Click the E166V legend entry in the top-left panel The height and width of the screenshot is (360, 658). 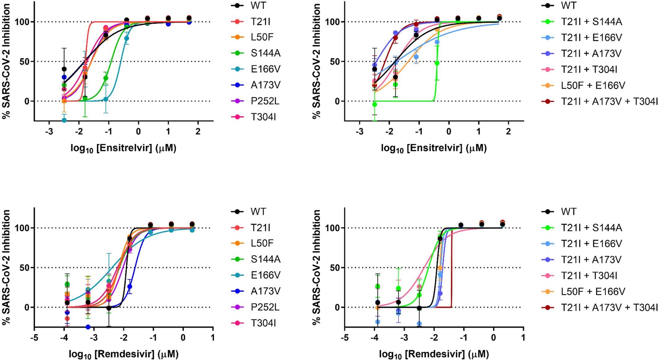265,69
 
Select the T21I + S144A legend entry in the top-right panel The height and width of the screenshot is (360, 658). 591,22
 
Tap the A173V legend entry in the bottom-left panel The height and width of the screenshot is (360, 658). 265,291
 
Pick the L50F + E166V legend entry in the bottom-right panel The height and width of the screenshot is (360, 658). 593,291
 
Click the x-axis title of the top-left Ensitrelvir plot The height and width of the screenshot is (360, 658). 123,149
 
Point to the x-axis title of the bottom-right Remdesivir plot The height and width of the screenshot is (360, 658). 434,354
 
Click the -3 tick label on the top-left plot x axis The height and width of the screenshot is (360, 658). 49,132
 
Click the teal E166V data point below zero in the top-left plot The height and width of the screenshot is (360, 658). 64,120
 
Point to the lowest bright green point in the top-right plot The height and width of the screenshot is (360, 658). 374,104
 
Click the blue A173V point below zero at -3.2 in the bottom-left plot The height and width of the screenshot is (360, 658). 88,327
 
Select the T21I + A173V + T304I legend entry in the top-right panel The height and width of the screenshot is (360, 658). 609,101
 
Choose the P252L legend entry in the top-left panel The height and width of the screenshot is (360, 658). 265,101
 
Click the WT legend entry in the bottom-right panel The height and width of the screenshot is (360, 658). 568,212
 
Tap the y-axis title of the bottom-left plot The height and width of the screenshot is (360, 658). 6,267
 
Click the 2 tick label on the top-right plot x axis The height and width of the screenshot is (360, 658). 508,132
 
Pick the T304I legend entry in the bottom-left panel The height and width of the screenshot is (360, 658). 263,323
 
